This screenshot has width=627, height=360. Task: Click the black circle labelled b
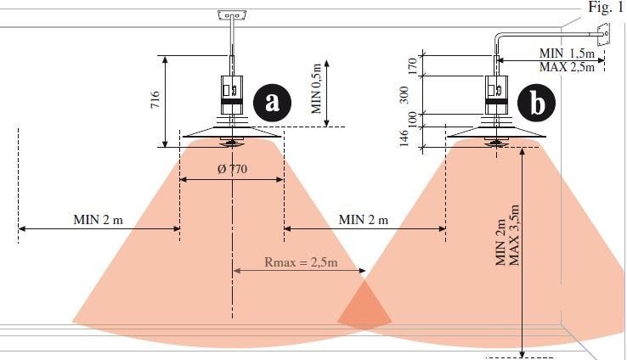(536, 103)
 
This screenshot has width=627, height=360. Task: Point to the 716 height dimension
(155, 100)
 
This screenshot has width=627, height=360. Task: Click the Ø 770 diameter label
(232, 169)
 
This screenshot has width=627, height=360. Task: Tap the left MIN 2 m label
(98, 220)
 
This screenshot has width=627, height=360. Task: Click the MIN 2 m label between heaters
(364, 220)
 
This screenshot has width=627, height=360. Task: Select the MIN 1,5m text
(567, 53)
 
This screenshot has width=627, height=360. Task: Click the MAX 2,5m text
(567, 66)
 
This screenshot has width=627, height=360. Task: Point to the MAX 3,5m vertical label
(515, 234)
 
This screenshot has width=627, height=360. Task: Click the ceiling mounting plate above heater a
(230, 15)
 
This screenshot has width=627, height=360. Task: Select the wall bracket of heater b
(604, 35)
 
